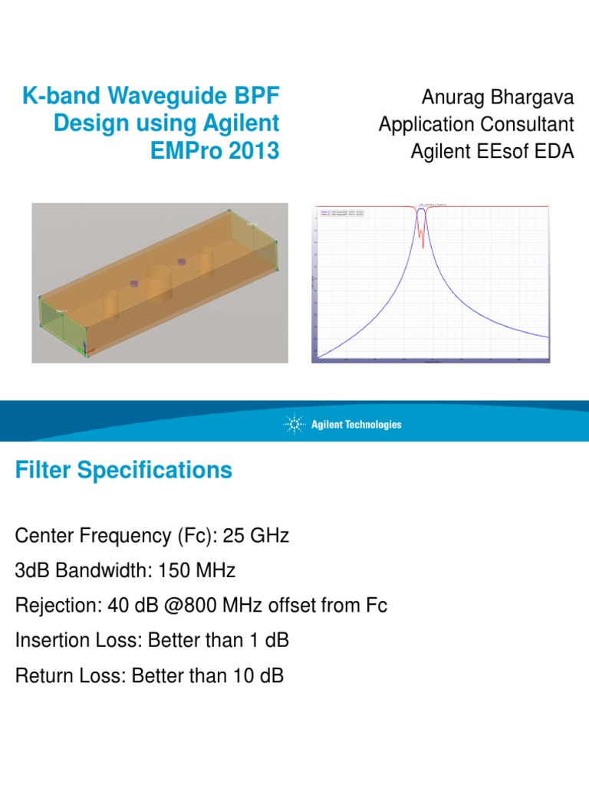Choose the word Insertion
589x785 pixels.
click(x=50, y=641)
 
